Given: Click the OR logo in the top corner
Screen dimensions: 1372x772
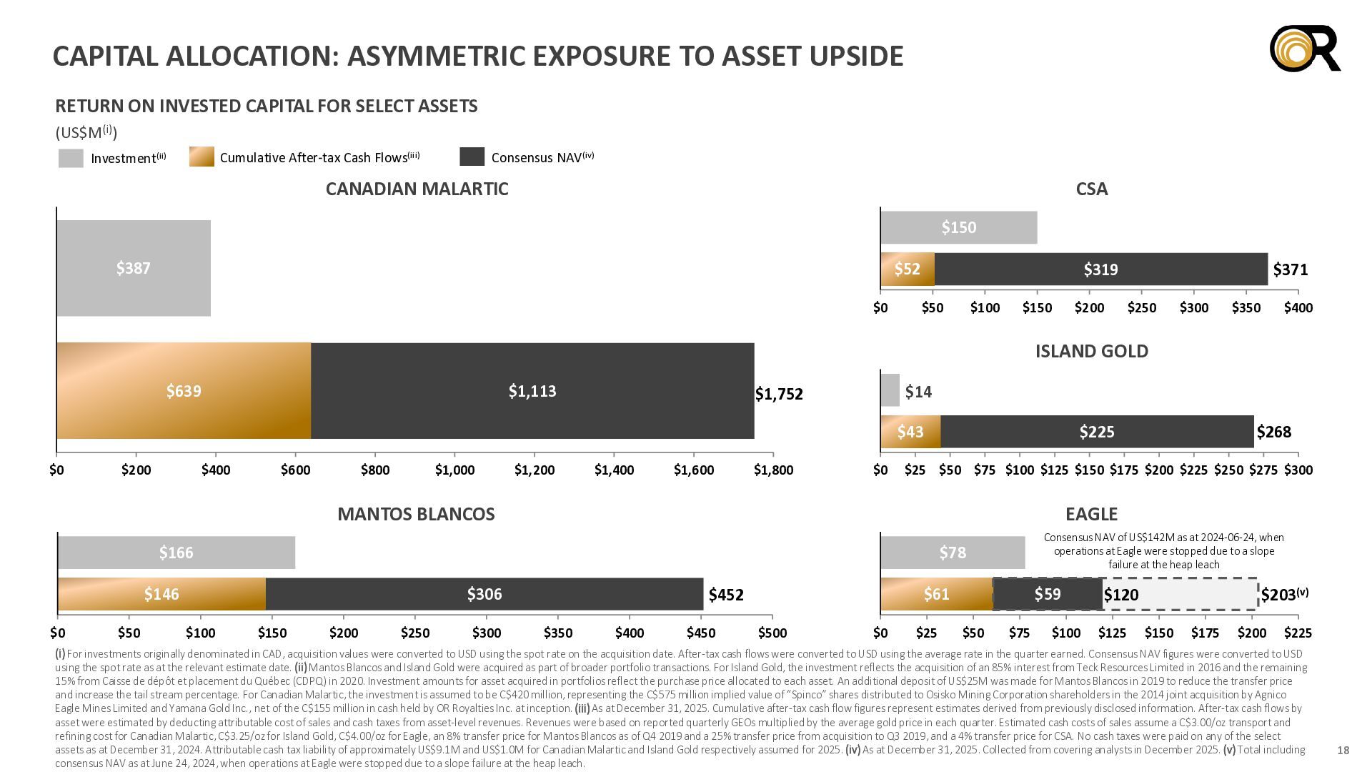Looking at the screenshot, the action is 1305,49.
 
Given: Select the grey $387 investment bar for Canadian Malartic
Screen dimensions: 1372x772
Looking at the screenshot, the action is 134,268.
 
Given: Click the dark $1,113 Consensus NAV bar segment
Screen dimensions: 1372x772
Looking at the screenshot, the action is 532,391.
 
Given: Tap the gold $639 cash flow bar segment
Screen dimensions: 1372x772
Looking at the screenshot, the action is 184,391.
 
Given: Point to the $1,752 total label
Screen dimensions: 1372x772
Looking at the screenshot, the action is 779,394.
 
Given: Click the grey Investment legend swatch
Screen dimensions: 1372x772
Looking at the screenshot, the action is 71,158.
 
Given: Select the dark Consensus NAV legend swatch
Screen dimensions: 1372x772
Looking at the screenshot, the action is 472,157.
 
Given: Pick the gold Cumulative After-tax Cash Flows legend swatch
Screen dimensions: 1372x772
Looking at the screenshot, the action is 202,157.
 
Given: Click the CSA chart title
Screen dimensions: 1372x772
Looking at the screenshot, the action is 1092,189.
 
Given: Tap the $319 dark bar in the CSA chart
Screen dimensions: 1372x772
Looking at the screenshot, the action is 1101,269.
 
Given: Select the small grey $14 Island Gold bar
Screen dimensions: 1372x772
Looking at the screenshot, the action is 890,390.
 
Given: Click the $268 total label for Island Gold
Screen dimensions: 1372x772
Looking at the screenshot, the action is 1274,432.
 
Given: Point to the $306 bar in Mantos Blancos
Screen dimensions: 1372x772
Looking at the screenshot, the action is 484,594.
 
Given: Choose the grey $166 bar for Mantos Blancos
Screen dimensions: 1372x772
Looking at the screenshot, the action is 177,553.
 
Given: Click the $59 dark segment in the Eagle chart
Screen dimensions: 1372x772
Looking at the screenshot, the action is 1048,594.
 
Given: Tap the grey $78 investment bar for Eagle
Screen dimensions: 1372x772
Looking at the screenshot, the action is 953,553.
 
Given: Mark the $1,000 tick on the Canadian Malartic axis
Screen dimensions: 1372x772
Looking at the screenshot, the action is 455,470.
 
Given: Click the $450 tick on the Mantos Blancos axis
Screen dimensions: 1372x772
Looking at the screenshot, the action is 701,633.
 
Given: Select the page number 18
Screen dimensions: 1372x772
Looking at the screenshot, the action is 1343,750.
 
